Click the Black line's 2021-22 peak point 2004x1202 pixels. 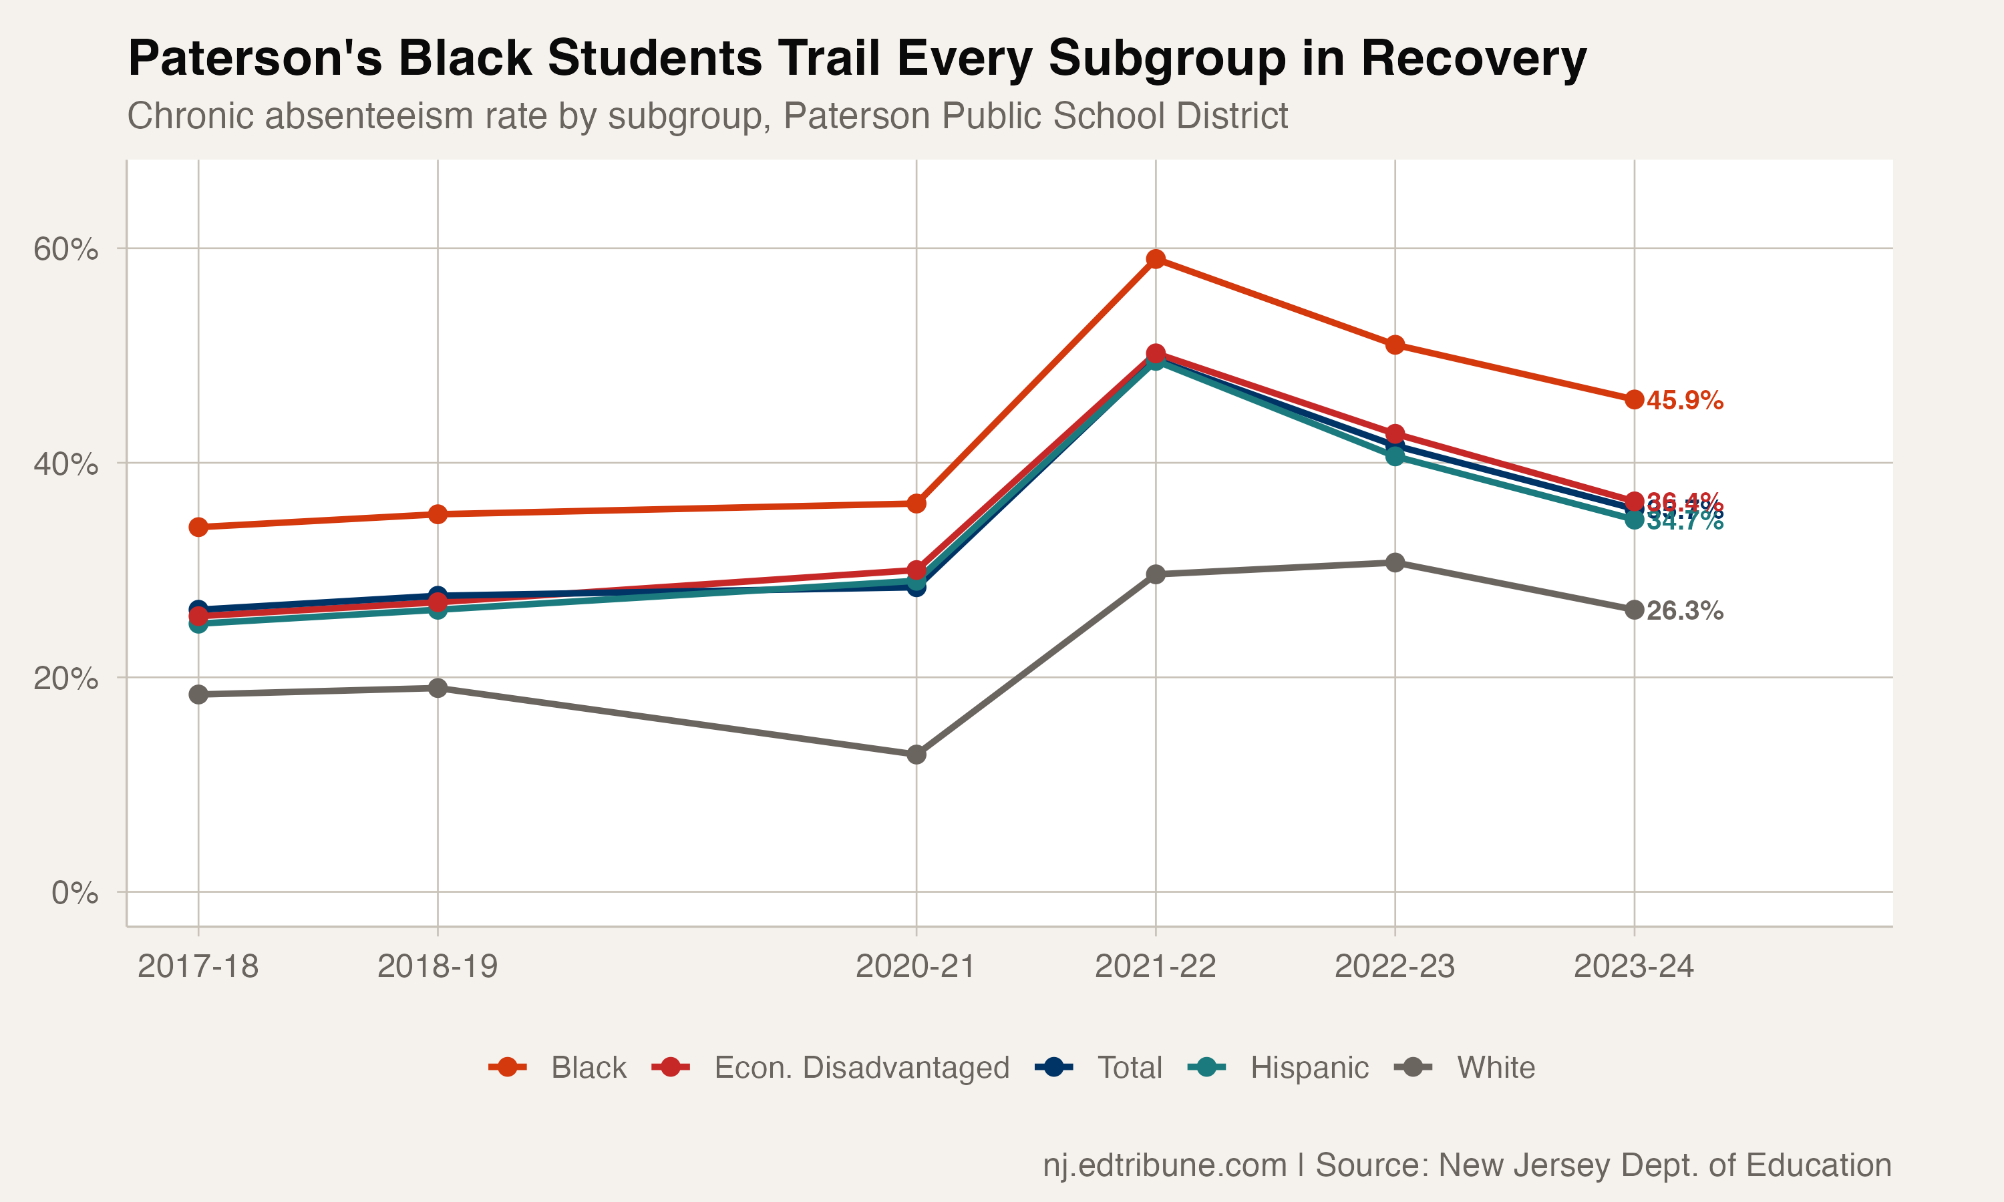pyautogui.click(x=1155, y=259)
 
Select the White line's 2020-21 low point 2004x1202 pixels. pyautogui.click(x=916, y=754)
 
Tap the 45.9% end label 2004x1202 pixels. pyautogui.click(x=1684, y=400)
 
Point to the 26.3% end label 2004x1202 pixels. pyautogui.click(x=1684, y=611)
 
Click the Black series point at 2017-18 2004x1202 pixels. pyautogui.click(x=198, y=528)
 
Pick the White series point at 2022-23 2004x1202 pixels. pyautogui.click(x=1394, y=563)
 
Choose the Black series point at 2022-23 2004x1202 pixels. pyautogui.click(x=1394, y=345)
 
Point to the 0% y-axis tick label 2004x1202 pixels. pyautogui.click(x=75, y=893)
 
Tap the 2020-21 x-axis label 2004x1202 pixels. pyautogui.click(x=915, y=966)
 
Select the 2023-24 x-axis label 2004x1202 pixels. pyautogui.click(x=1633, y=966)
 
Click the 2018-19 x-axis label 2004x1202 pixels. pyautogui.click(x=438, y=966)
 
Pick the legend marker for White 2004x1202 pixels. pyautogui.click(x=1413, y=1068)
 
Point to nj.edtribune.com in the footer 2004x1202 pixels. pyautogui.click(x=1164, y=1165)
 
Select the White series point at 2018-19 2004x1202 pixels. pyautogui.click(x=438, y=688)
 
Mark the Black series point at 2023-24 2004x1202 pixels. pyautogui.click(x=1634, y=399)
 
